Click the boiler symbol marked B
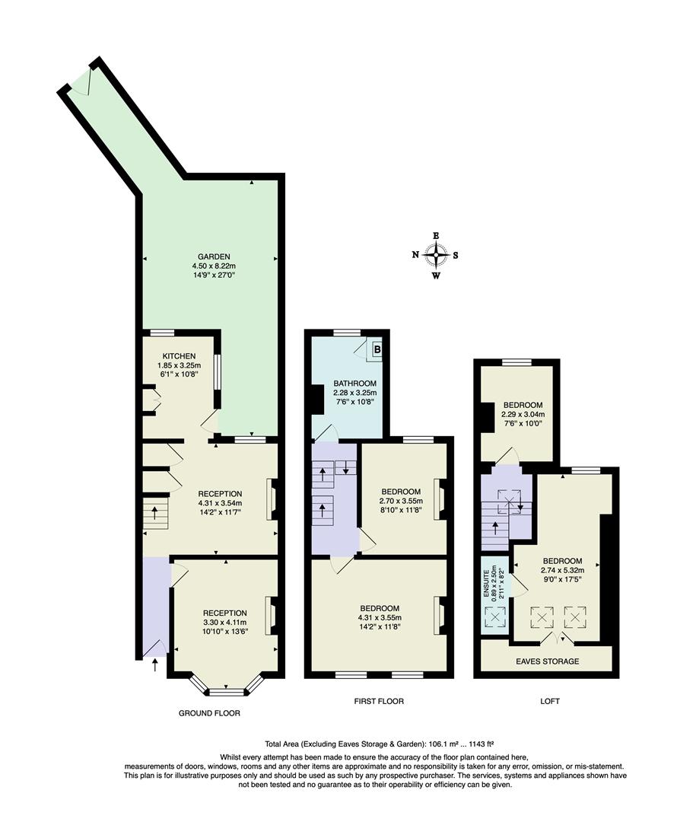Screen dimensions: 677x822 377,349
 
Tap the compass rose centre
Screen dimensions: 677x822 436,255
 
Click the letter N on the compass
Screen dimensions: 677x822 415,255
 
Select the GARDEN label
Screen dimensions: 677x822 214,257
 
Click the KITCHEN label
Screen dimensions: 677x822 180,356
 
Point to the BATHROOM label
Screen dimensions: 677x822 354,383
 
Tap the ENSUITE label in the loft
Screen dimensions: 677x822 486,584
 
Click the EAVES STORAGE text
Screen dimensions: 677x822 548,661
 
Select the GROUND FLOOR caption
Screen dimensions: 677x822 210,713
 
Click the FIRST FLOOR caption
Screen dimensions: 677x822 379,701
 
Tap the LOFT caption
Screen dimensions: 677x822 550,701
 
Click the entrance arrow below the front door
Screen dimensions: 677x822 154,665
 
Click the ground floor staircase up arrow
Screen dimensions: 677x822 155,512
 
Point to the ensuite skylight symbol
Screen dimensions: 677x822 495,616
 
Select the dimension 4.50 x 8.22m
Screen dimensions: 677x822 214,266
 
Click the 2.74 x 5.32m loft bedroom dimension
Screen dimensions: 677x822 562,570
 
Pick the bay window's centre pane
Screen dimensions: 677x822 227,693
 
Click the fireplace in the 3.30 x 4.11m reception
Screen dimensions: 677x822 272,616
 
